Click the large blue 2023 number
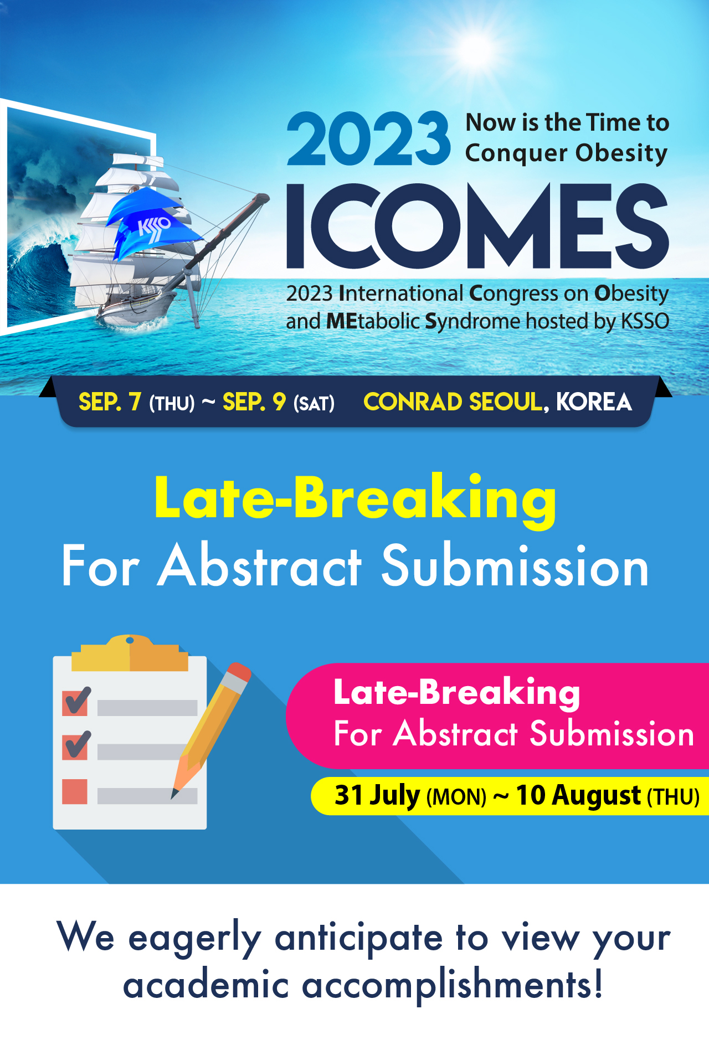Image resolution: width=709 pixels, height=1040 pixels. (x=368, y=138)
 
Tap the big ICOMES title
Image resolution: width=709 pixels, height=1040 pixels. (x=477, y=226)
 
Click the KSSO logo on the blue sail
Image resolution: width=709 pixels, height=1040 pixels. (x=153, y=228)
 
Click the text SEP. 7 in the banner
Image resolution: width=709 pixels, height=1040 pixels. (x=110, y=402)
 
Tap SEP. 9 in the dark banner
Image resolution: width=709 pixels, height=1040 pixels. (x=254, y=402)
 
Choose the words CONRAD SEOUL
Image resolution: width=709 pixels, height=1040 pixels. (x=453, y=402)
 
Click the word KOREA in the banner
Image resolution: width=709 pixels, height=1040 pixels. (x=594, y=402)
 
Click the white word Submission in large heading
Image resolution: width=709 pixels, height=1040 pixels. (x=515, y=566)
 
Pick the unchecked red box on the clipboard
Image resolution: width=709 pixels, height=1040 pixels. (x=75, y=791)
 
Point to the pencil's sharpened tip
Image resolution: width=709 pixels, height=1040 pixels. (x=174, y=795)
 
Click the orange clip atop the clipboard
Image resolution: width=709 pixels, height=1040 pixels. (x=130, y=653)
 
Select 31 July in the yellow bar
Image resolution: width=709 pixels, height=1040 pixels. (x=377, y=795)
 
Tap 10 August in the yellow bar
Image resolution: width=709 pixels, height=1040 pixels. (x=578, y=795)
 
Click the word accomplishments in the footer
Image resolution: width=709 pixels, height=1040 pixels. (x=453, y=986)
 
